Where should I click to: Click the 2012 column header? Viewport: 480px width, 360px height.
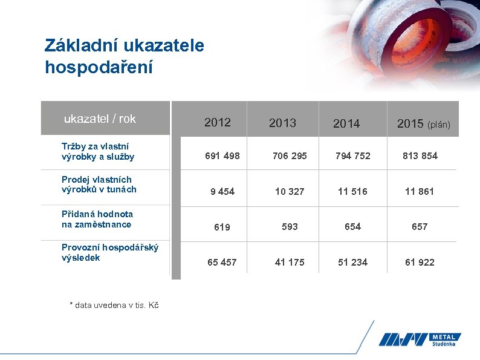click(x=218, y=122)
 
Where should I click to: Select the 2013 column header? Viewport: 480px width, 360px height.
click(x=282, y=123)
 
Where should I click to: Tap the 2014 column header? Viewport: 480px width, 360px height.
click(x=346, y=123)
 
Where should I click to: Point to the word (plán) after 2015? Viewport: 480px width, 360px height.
click(x=439, y=125)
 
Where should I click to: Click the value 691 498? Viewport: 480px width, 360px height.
click(x=222, y=155)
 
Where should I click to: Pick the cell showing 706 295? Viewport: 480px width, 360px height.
click(x=290, y=155)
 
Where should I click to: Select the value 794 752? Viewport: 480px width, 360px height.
click(x=353, y=155)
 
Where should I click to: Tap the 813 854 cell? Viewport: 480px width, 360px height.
click(x=420, y=155)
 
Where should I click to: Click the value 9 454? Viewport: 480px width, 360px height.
click(x=222, y=191)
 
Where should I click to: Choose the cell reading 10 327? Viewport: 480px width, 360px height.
click(x=290, y=191)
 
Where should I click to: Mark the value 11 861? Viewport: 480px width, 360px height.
click(x=420, y=191)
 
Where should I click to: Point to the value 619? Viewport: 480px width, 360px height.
click(x=222, y=227)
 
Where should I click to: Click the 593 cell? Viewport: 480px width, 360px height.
click(x=290, y=226)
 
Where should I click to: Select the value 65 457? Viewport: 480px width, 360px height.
click(x=222, y=262)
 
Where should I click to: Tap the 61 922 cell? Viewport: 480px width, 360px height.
click(x=420, y=262)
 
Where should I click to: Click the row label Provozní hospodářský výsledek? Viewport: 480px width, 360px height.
click(x=110, y=252)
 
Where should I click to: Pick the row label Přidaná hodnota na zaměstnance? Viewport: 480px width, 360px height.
click(x=97, y=219)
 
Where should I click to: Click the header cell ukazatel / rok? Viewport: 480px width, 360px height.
click(x=100, y=119)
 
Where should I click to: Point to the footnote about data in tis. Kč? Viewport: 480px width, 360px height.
click(x=114, y=305)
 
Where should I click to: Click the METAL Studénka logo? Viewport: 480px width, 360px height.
click(x=420, y=339)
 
